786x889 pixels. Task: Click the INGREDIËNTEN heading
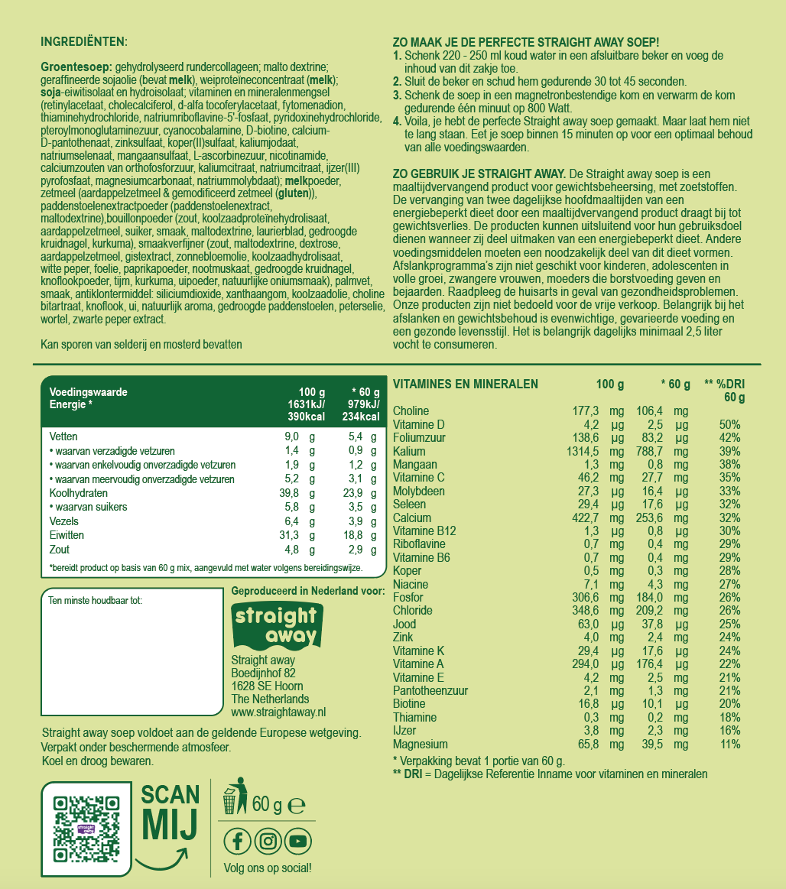click(x=84, y=41)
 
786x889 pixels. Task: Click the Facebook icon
click(x=237, y=842)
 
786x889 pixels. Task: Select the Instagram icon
click(x=268, y=842)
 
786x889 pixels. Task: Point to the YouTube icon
click(x=298, y=842)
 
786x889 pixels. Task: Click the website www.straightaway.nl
click(x=278, y=712)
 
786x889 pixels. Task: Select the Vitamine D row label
click(x=418, y=424)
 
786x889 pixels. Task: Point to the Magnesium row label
click(x=420, y=744)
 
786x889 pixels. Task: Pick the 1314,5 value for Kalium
click(x=581, y=451)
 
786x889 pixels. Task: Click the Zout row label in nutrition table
click(x=59, y=550)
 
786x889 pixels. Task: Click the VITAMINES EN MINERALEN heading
click(x=465, y=384)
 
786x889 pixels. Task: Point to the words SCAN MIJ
click(x=171, y=811)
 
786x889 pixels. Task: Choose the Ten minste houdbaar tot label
click(x=95, y=600)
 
